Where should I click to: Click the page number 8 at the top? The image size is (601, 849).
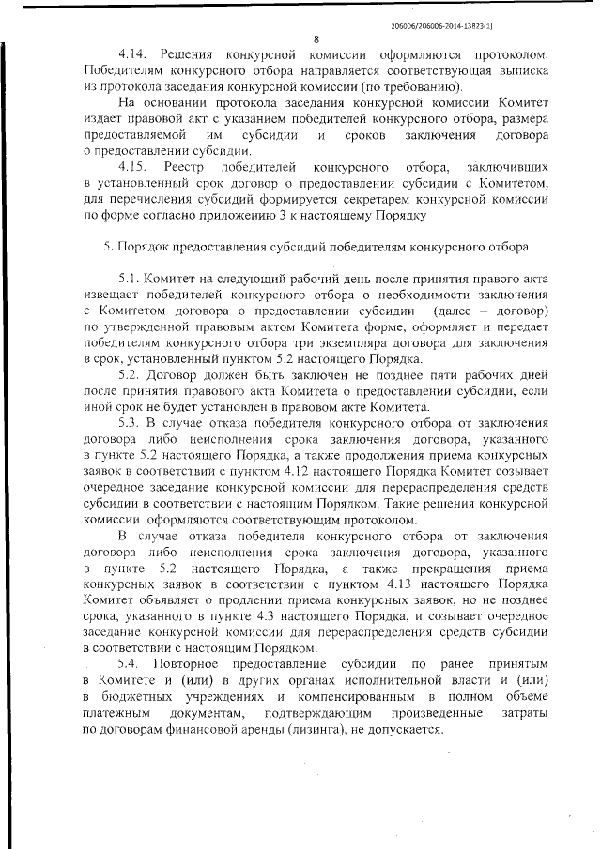[316, 39]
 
